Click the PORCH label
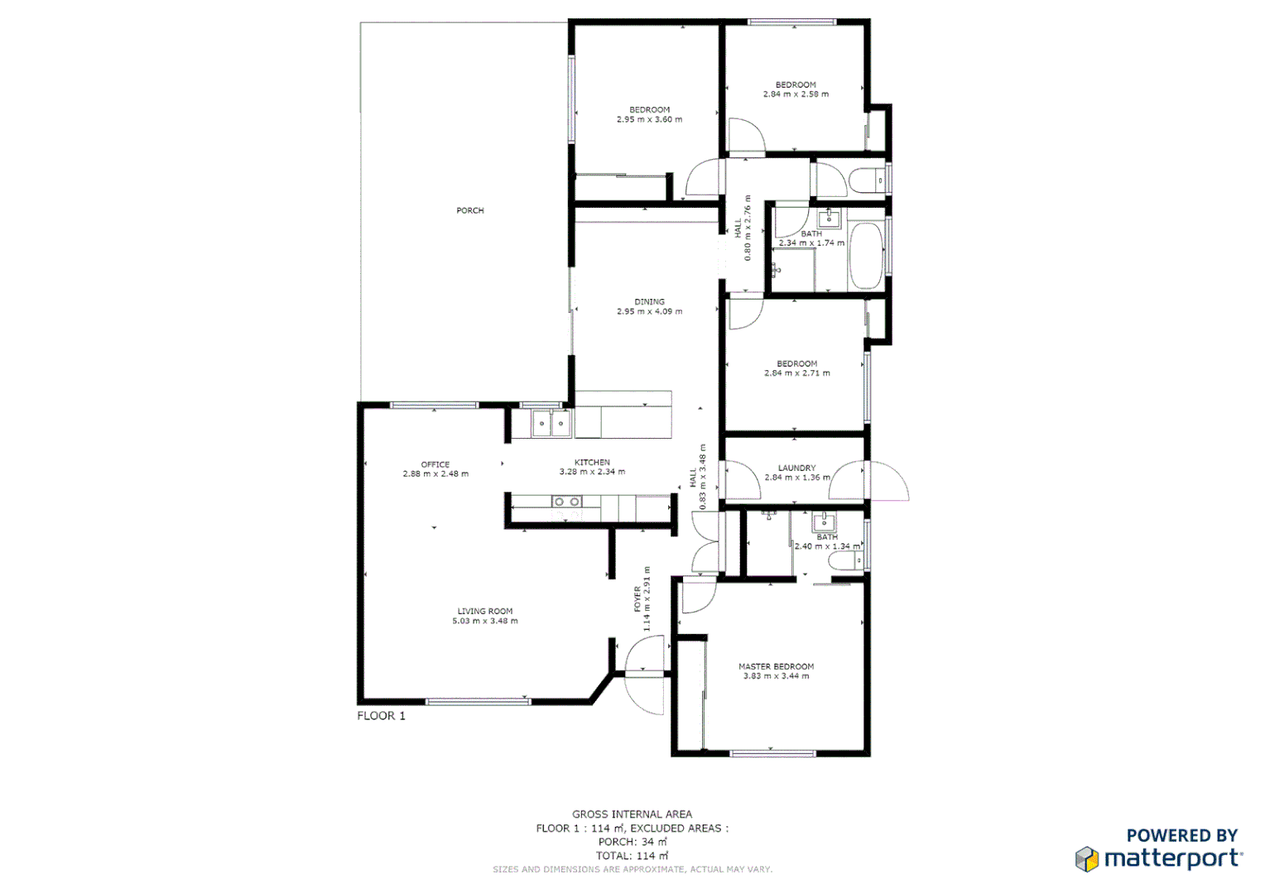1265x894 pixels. click(469, 210)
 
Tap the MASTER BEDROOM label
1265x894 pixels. click(776, 666)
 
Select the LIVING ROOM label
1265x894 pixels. click(484, 611)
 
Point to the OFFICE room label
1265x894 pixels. click(435, 464)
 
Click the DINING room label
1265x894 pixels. click(649, 302)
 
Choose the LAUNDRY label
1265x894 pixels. click(796, 468)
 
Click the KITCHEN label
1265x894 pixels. click(592, 462)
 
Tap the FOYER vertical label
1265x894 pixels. click(637, 599)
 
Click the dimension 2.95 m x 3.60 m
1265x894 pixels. click(649, 120)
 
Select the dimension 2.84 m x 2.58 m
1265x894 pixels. click(796, 94)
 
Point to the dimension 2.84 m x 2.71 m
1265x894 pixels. click(796, 373)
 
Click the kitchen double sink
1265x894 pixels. click(551, 425)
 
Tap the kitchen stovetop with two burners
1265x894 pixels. click(567, 502)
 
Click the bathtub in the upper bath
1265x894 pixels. click(866, 256)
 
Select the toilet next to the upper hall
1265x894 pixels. click(868, 180)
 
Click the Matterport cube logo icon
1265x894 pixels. click(1086, 859)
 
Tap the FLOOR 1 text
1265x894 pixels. click(381, 716)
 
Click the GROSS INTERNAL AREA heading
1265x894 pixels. click(632, 815)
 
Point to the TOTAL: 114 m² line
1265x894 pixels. click(632, 856)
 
